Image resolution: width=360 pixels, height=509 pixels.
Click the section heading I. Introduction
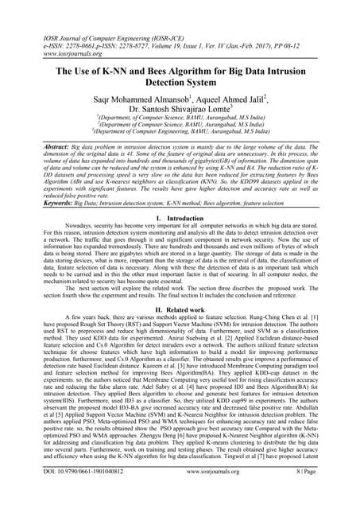[180, 217]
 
